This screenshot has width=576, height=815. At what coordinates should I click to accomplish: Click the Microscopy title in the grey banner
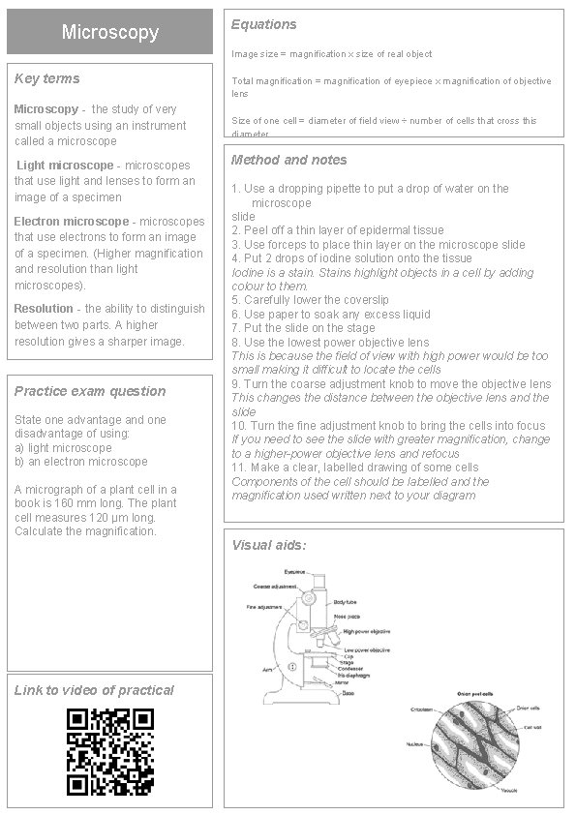coord(109,32)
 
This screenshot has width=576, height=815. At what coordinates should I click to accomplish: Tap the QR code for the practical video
coord(109,751)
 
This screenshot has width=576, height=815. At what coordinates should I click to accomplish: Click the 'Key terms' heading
coord(47,78)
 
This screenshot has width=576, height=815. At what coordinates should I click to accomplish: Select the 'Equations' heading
coord(264,24)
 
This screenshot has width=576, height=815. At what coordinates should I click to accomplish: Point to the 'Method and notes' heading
coord(288,160)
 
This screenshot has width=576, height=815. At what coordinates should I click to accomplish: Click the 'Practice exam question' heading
coord(90,391)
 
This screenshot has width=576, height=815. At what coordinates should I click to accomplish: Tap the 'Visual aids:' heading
coord(269,545)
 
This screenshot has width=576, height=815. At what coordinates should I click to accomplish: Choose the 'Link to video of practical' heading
coord(94,690)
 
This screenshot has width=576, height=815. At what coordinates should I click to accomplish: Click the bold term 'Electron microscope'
coord(71,222)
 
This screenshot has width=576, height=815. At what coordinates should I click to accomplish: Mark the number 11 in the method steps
coord(238,468)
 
